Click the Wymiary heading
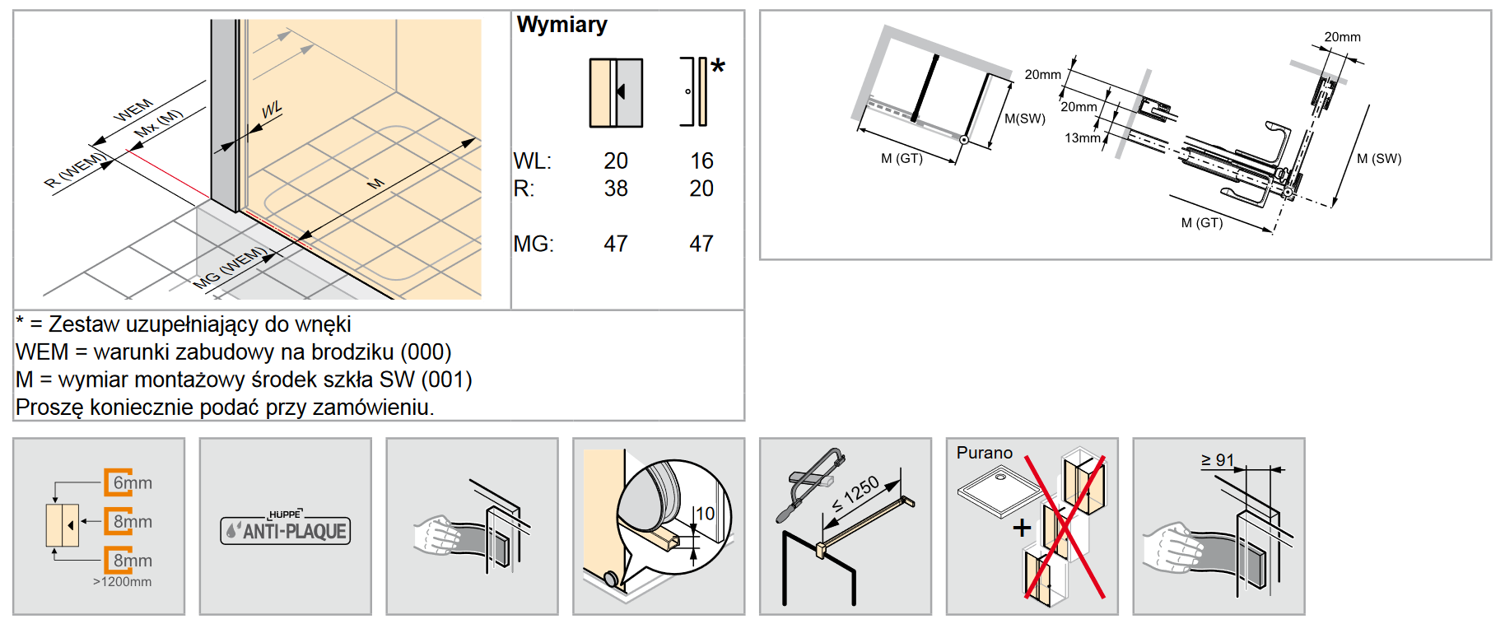coord(561,25)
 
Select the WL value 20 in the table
coord(616,161)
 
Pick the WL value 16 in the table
coord(701,161)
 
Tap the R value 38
coord(616,189)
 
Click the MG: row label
coord(534,244)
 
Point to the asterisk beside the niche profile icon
coord(717,66)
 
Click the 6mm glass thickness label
coord(133,483)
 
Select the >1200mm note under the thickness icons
coord(122,582)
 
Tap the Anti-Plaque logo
coord(286,529)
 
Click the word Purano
coord(985,453)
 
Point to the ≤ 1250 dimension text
coord(855,494)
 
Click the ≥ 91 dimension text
coord(1218,460)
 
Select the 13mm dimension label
coord(1082,137)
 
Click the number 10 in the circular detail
coord(706,514)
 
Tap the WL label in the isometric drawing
coord(272,109)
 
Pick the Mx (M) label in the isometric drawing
coord(159,123)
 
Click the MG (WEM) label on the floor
coord(231,268)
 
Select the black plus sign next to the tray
coord(1022,528)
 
